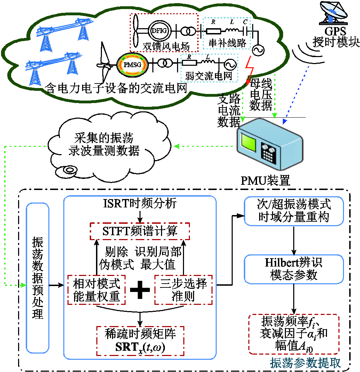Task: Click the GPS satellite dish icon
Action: [334, 13]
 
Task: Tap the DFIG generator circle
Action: [159, 31]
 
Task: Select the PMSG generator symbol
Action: [132, 64]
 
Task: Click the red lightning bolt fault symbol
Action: [249, 70]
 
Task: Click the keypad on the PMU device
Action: [269, 153]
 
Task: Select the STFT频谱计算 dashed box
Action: [140, 231]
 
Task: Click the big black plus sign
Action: [140, 290]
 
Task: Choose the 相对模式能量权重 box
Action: [97, 290]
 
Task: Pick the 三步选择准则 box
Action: [183, 290]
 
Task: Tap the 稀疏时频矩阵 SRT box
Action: [140, 341]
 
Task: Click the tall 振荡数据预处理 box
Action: [38, 278]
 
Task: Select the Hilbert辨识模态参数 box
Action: [294, 269]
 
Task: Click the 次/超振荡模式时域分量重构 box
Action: [294, 211]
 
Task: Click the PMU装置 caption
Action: [265, 181]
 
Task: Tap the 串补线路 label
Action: [227, 43]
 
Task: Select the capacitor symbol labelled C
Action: [246, 31]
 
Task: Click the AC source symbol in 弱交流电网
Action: [231, 64]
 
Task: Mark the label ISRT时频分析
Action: [140, 203]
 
